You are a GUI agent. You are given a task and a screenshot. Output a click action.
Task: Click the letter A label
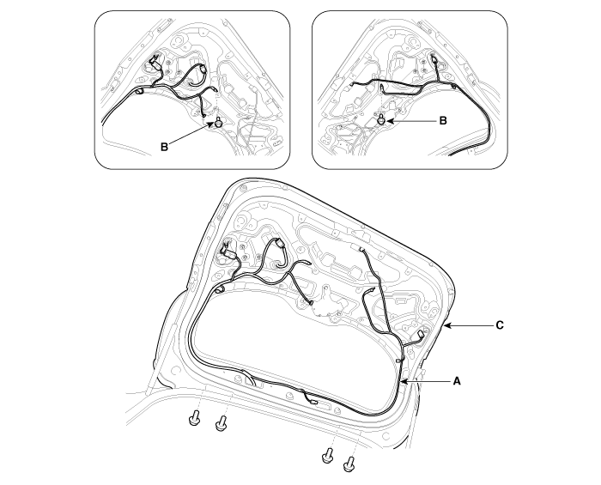click(456, 381)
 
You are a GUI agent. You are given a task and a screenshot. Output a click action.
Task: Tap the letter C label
click(500, 325)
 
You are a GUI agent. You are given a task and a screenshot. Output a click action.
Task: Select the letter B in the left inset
click(164, 147)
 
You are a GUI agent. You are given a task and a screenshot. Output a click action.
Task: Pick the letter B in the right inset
click(443, 121)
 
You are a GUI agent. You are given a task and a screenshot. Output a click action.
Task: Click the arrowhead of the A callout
click(402, 382)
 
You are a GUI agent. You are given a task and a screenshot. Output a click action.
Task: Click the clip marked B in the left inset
click(219, 123)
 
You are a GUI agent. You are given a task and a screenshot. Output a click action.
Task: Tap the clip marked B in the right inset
click(381, 118)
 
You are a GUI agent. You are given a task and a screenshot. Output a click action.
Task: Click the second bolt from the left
click(222, 423)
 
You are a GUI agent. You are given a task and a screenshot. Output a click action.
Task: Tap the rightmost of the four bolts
click(349, 464)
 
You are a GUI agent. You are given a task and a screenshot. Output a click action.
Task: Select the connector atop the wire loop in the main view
click(279, 243)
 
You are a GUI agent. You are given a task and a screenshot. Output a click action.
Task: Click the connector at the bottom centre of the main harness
click(313, 403)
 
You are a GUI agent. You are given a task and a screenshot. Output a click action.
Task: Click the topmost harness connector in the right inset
click(434, 59)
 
